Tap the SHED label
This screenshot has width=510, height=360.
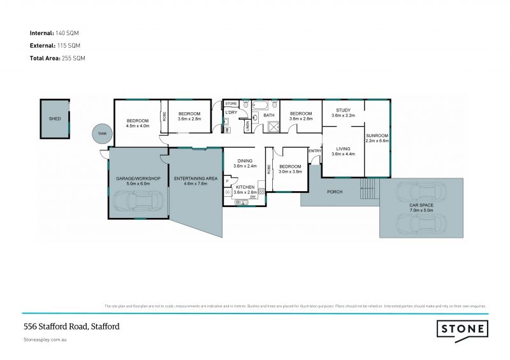[55, 119]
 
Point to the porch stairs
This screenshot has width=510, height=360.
[369, 189]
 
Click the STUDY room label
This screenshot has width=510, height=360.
[342, 110]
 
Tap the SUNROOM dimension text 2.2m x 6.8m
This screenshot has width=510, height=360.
[377, 141]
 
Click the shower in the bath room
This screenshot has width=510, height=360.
[273, 126]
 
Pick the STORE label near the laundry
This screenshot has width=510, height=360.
[231, 103]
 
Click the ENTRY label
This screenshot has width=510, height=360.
[314, 150]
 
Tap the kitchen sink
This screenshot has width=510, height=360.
[240, 203]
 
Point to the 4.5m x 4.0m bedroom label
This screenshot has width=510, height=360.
[137, 126]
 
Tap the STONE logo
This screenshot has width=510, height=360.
[462, 329]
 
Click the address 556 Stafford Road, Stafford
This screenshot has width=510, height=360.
[71, 326]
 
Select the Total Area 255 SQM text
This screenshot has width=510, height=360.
[57, 58]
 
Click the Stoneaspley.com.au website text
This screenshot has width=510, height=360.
[45, 340]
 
